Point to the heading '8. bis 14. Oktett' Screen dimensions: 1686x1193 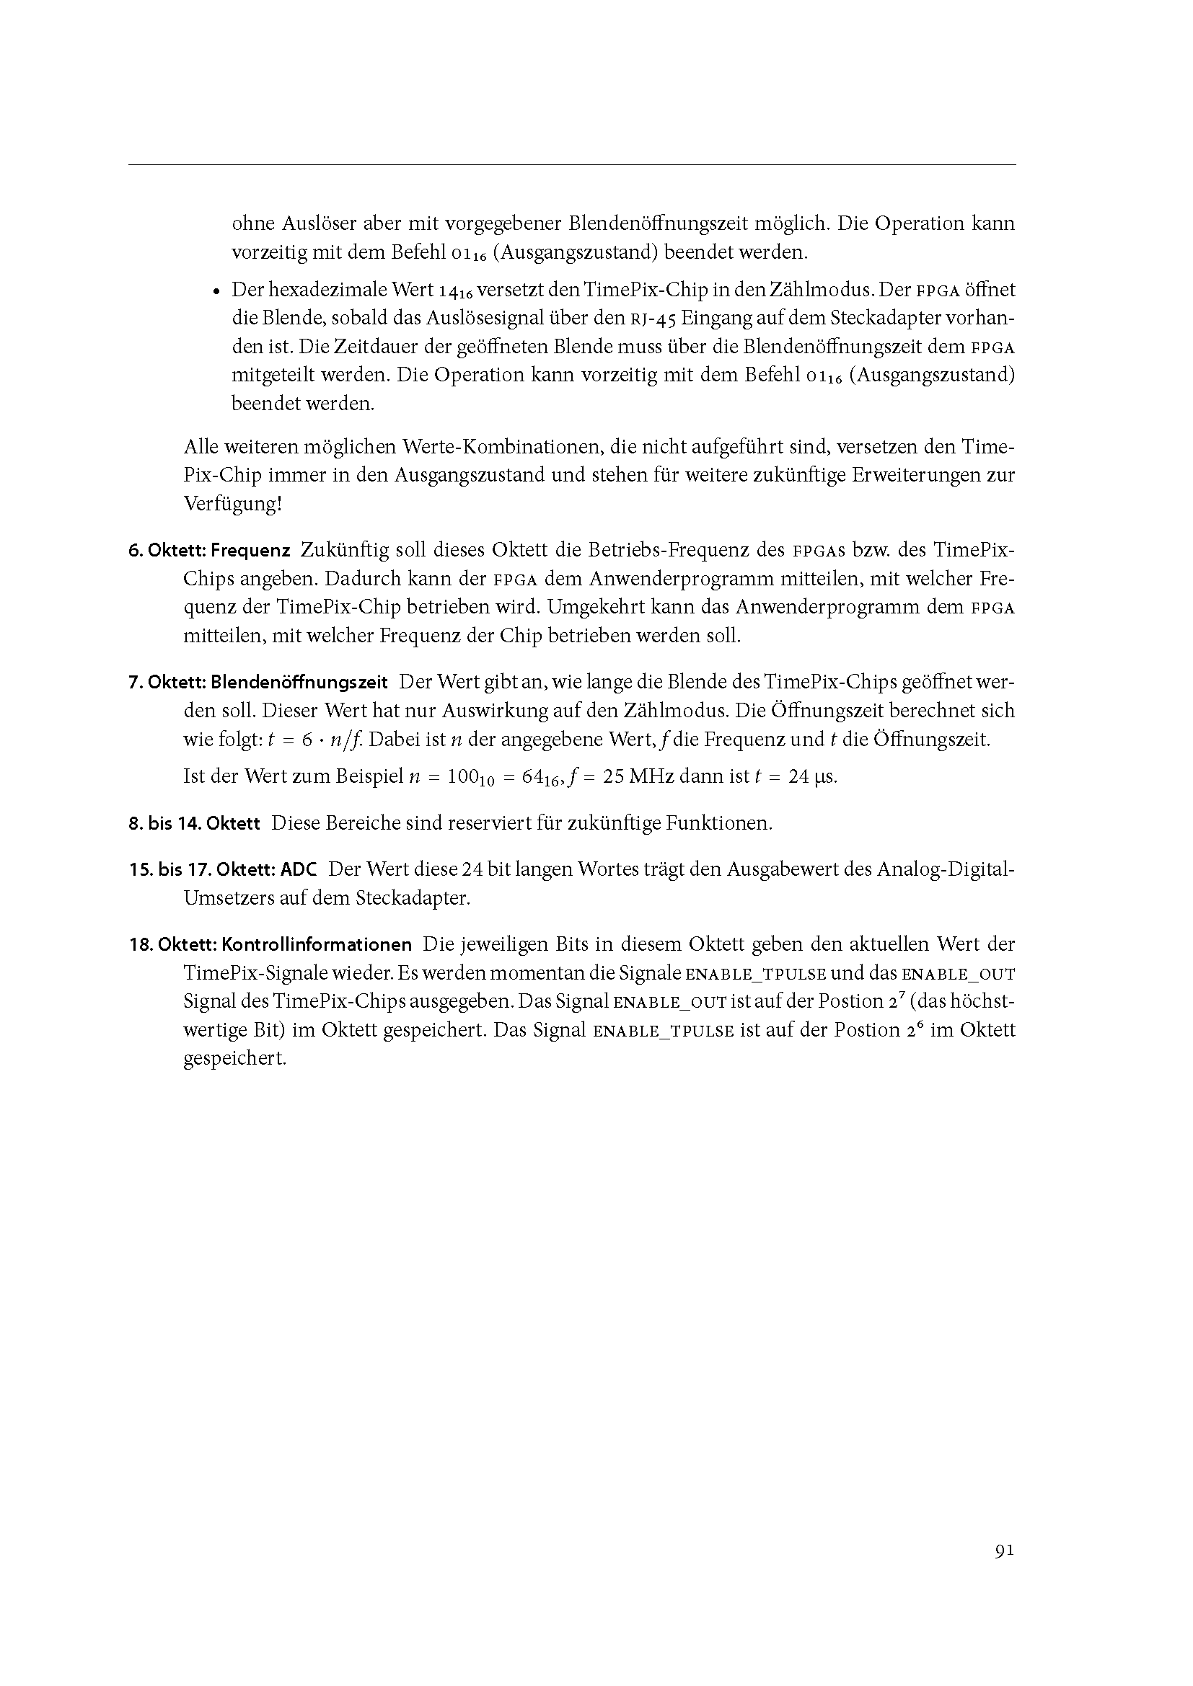click(x=195, y=824)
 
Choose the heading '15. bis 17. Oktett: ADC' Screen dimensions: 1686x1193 click(x=224, y=870)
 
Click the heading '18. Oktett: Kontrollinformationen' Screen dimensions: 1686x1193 click(x=270, y=944)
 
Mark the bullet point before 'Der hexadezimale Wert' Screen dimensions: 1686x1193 click(x=216, y=291)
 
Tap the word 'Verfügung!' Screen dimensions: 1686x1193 click(x=232, y=505)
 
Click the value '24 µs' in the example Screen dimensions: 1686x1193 click(x=812, y=776)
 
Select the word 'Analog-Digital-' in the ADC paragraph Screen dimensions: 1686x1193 click(x=944, y=870)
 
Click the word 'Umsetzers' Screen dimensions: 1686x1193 click(x=229, y=898)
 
